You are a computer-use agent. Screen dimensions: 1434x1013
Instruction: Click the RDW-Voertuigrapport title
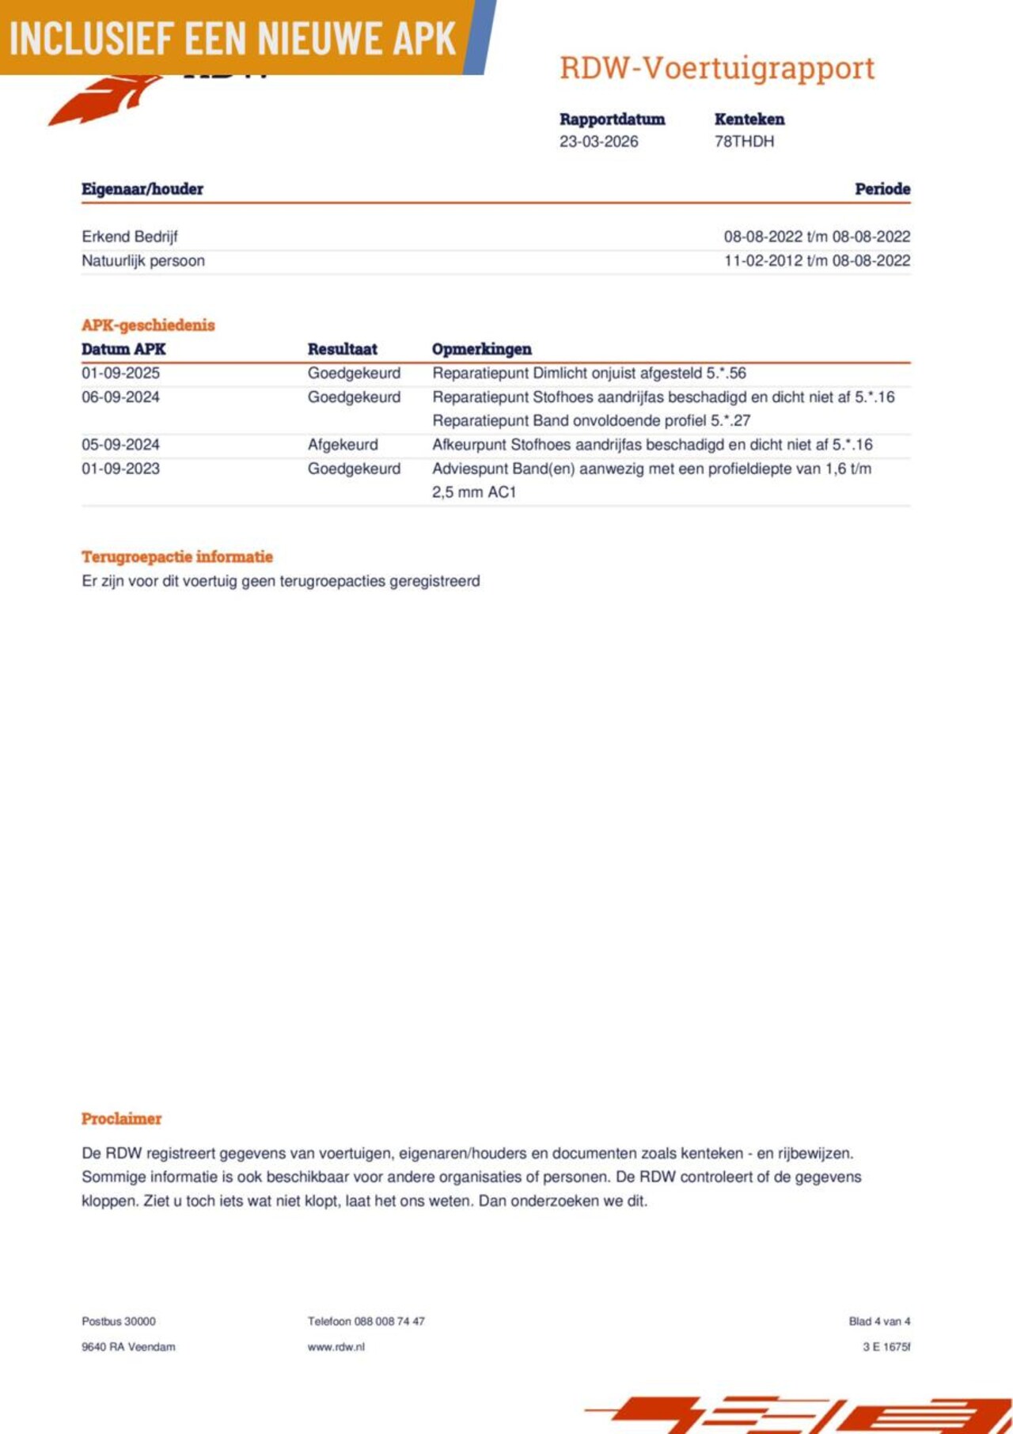pos(717,68)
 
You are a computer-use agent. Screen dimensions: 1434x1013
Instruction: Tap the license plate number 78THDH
pos(744,142)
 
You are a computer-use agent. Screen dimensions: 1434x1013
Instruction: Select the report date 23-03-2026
pos(598,142)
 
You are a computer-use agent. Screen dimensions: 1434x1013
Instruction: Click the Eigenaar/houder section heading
pos(142,189)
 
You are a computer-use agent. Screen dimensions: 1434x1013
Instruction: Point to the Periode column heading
pos(882,189)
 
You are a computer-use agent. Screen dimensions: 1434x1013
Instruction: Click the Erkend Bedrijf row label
pos(130,237)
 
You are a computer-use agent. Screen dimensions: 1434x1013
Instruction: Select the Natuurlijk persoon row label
pos(143,260)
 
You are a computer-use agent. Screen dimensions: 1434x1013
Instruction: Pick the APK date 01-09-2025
pos(120,373)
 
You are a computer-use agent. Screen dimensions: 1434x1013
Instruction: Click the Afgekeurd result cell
pos(343,445)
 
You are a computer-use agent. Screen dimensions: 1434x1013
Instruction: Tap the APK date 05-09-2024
pos(120,445)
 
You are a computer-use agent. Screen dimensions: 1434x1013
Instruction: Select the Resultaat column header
pos(342,349)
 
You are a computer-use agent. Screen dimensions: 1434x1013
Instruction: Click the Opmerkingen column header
pos(481,349)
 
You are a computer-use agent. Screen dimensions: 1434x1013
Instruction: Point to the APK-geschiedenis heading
pos(148,325)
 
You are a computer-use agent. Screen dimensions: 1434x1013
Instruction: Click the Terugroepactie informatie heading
pos(177,556)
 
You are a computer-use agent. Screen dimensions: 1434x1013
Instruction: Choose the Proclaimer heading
pos(121,1118)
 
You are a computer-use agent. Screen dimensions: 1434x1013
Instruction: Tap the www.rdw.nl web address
pos(336,1346)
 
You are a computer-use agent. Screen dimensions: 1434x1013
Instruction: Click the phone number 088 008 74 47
pos(389,1321)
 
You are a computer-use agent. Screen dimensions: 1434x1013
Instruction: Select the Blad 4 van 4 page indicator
pos(879,1321)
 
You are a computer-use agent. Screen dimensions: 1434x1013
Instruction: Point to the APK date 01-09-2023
pos(120,469)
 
